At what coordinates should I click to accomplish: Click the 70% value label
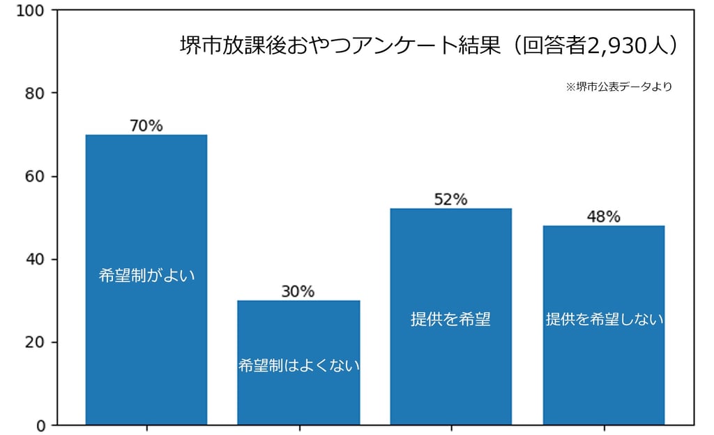(x=146, y=126)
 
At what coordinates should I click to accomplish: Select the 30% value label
(x=298, y=292)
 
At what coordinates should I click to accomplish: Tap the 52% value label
(x=450, y=200)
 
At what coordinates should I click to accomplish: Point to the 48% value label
(x=603, y=216)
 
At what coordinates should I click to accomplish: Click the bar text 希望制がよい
(x=146, y=275)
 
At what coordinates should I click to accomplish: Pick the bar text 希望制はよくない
(x=298, y=365)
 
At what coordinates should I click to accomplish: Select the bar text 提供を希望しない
(x=604, y=320)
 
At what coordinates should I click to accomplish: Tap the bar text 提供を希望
(x=450, y=320)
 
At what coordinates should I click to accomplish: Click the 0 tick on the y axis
(x=40, y=425)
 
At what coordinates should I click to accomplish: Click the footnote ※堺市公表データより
(x=618, y=87)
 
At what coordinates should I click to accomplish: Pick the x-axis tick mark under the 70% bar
(x=146, y=428)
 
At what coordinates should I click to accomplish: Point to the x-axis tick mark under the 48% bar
(x=604, y=428)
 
